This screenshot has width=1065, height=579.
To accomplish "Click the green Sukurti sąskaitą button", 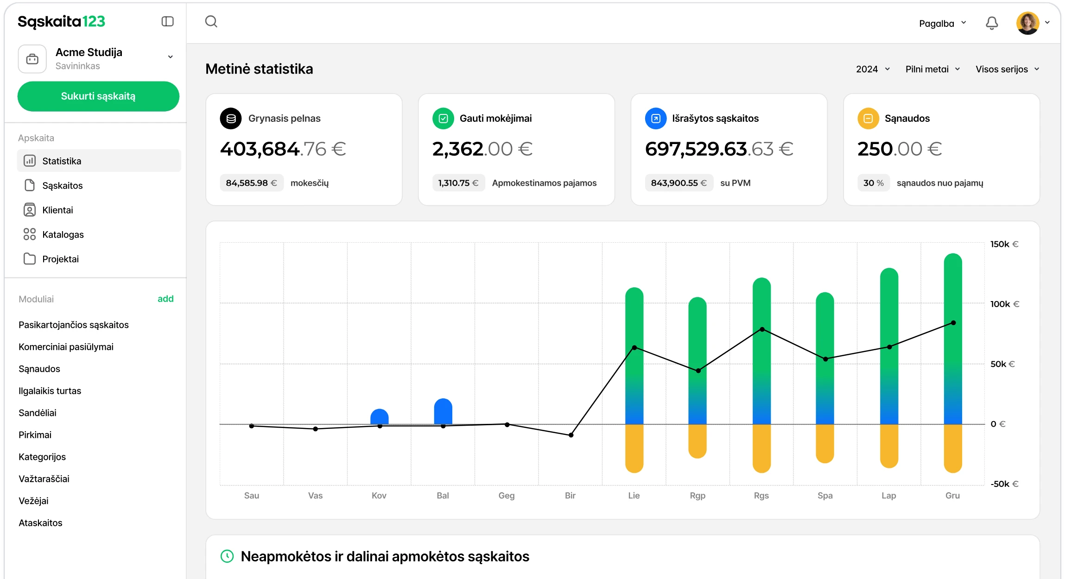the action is (x=98, y=96).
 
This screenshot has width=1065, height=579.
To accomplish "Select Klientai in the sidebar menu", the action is (x=57, y=210).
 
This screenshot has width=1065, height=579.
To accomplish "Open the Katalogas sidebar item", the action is (x=63, y=234).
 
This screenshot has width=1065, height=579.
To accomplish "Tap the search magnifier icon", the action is (x=211, y=21).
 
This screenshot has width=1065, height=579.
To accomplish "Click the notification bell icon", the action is (x=992, y=23).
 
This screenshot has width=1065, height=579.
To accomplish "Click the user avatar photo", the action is (x=1027, y=23).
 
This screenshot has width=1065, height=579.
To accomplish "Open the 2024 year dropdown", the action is (x=873, y=69).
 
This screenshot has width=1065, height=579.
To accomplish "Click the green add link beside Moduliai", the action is (x=165, y=299).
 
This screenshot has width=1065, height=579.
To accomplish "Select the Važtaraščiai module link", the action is (x=44, y=478).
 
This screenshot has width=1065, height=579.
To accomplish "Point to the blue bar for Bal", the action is (x=443, y=411).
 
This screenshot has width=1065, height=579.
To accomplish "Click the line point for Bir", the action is (x=571, y=435).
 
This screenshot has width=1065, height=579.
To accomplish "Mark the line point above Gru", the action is (x=953, y=323).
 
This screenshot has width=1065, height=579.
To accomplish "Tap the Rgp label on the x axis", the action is (x=697, y=496).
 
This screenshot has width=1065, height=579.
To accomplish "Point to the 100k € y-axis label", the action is (x=1005, y=304).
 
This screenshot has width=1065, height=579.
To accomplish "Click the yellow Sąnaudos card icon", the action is (x=868, y=119).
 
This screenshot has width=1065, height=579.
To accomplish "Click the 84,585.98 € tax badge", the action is (x=251, y=183).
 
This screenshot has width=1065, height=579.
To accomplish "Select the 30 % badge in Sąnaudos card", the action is (x=873, y=183).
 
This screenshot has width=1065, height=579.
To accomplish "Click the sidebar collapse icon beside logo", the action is (x=167, y=21).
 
